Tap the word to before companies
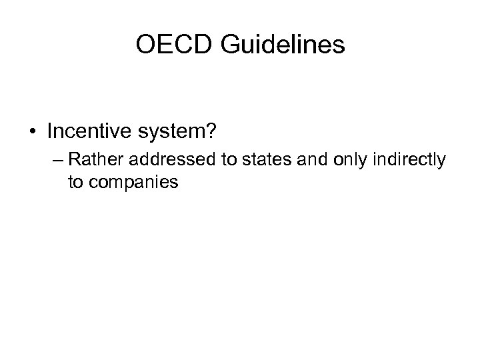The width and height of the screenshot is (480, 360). click(75, 181)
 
